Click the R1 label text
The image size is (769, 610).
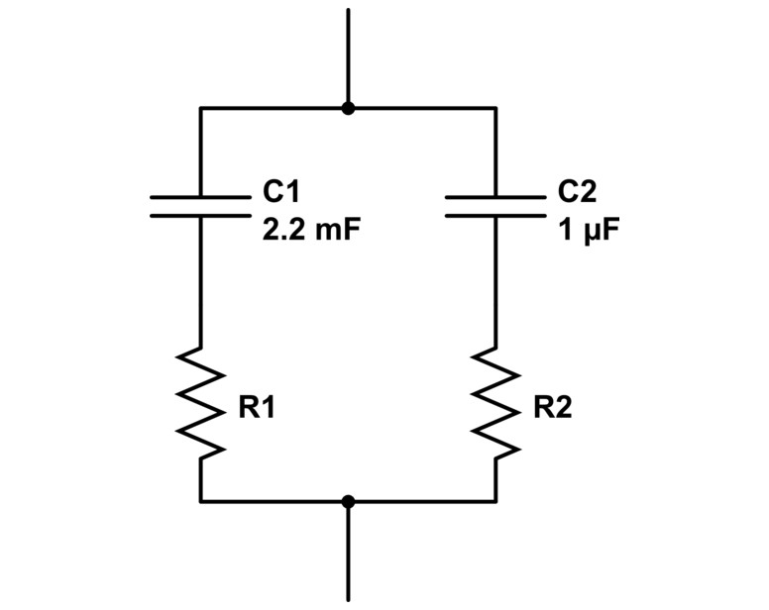pos(256,408)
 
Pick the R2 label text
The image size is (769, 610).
pos(552,408)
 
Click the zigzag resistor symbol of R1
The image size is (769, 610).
pos(200,402)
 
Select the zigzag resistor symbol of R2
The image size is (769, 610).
pos(496,402)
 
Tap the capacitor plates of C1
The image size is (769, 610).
pos(200,205)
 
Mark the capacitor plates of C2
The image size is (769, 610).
pos(495,205)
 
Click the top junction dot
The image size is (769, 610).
pos(348,108)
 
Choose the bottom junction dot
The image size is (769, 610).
pos(348,501)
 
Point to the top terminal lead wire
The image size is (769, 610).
pos(348,54)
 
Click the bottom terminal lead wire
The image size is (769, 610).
pos(348,555)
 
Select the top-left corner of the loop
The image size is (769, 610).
pos(200,108)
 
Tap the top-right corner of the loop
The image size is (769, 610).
pos(495,108)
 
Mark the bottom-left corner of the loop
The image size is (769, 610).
pos(200,501)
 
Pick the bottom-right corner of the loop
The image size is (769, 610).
pos(495,501)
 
